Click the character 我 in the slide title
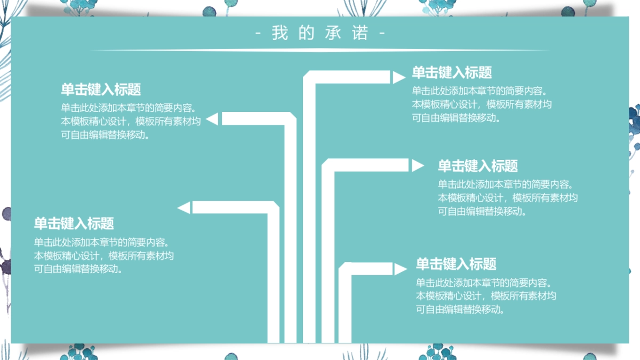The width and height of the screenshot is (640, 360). point(279,33)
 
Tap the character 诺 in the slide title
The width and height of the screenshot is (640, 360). point(361,33)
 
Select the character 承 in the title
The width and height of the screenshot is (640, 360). point(333,33)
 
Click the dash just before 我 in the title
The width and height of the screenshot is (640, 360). point(259,34)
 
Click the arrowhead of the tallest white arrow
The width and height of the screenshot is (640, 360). point(399,78)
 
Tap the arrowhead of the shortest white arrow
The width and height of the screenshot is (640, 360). point(400,269)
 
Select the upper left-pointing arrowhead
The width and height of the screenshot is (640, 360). point(212,119)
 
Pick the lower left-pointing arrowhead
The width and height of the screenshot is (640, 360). point(183,207)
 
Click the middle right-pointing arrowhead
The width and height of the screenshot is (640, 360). point(417,166)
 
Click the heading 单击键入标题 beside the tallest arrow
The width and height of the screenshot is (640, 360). point(451,73)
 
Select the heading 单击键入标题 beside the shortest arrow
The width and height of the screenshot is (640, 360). point(456,264)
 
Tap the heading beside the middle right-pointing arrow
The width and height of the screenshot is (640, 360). point(477,166)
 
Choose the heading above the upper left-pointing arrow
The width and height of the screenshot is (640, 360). point(101,89)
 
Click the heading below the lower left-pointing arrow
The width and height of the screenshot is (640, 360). point(74,223)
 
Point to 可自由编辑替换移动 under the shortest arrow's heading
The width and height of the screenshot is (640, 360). point(460,309)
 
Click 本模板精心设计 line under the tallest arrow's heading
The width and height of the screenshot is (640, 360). point(482,105)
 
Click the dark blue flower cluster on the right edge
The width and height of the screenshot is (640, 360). point(633,120)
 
